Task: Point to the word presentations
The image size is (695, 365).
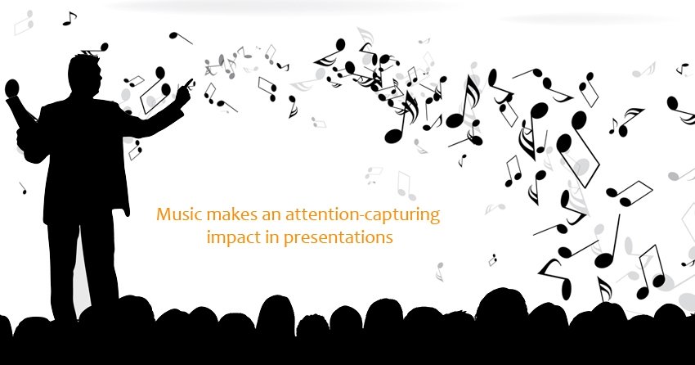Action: tap(339, 238)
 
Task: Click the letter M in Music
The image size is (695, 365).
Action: tap(163, 214)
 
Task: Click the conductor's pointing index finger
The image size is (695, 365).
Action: tap(190, 82)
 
